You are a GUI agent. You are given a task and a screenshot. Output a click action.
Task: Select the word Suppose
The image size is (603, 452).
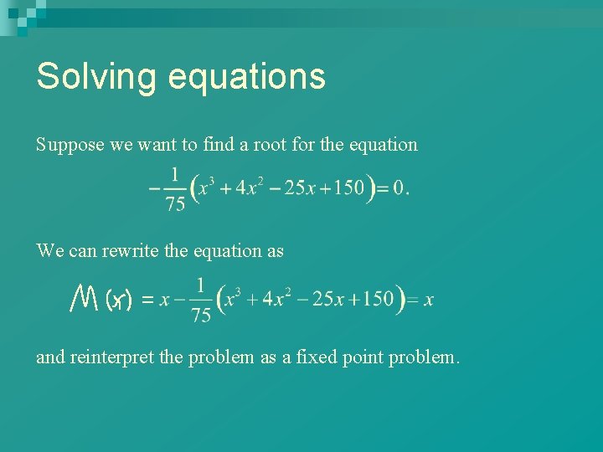(x=70, y=145)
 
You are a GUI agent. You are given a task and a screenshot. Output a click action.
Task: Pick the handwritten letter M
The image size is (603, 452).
(x=85, y=297)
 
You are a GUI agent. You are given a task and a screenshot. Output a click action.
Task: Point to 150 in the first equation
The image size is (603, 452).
(x=348, y=187)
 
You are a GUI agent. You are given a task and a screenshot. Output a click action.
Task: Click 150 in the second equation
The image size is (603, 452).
(x=378, y=299)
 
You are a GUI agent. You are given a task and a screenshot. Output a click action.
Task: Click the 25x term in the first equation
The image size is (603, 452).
(x=297, y=187)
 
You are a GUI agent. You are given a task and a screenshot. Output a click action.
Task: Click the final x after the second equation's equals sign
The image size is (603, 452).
(x=429, y=300)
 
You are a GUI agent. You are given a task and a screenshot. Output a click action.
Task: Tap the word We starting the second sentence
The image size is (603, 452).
(x=49, y=250)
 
